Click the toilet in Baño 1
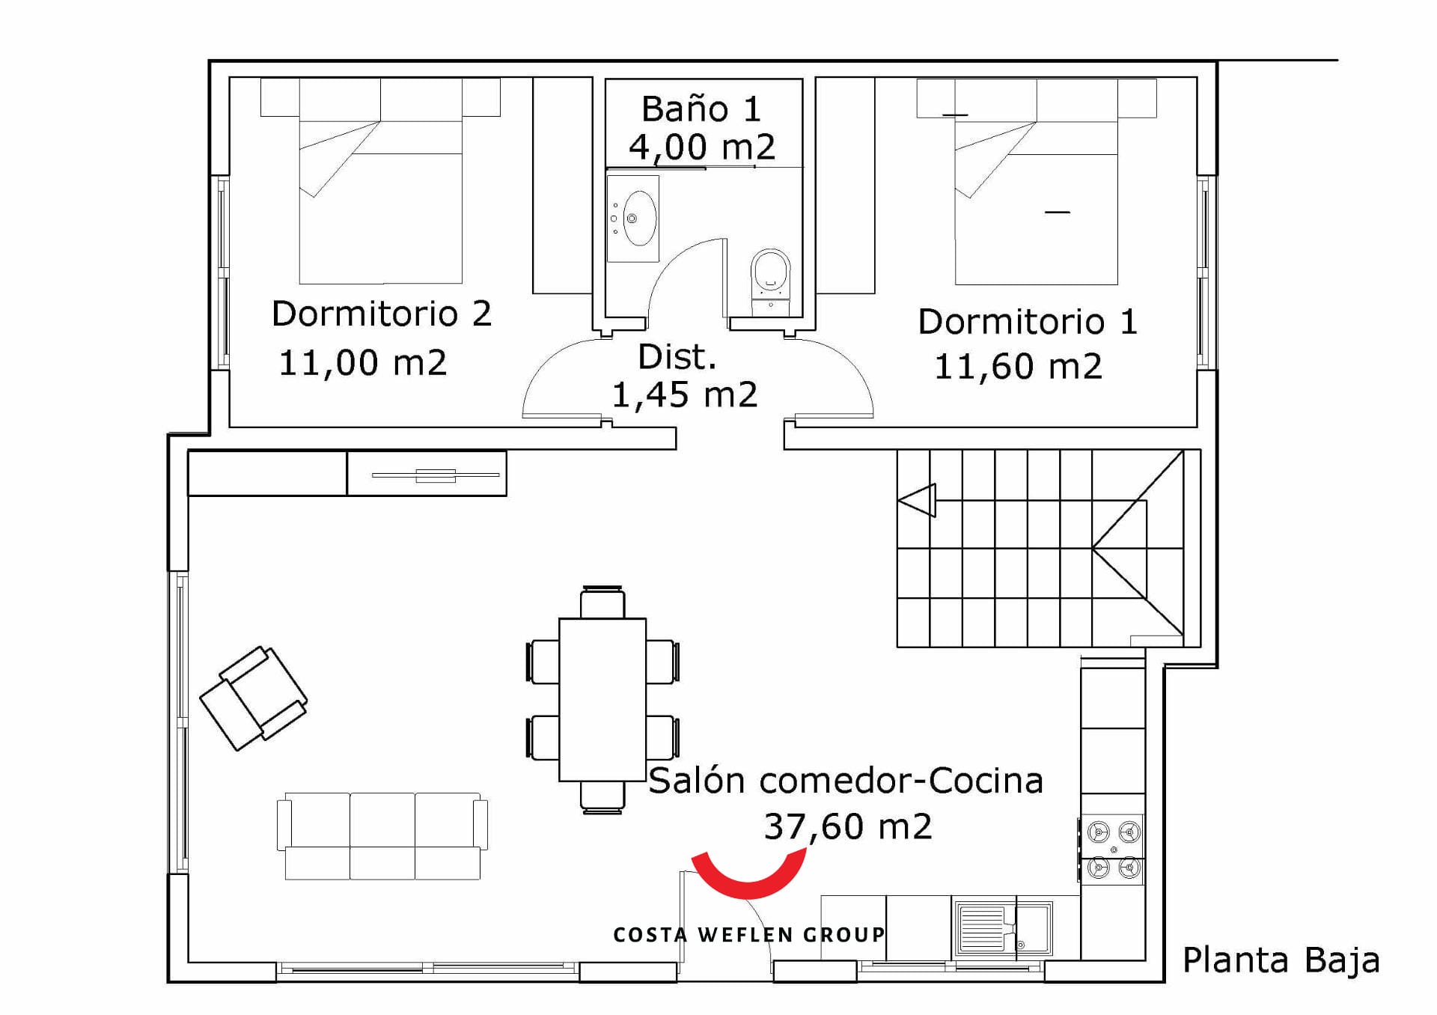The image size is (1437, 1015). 770,281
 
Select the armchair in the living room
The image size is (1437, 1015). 254,698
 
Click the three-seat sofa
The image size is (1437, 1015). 382,835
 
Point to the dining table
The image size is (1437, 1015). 602,699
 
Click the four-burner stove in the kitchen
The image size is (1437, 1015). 1113,850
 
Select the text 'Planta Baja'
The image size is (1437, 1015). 1281,960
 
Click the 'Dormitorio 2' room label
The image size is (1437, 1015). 382,313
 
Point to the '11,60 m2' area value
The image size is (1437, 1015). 1018,367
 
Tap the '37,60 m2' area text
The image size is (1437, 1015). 848,827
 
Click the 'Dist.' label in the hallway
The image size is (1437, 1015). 677,357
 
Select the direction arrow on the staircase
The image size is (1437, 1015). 917,500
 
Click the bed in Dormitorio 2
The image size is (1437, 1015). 380,181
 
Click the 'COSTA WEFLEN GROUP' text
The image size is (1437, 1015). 749,935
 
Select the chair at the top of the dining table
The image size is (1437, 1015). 602,602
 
